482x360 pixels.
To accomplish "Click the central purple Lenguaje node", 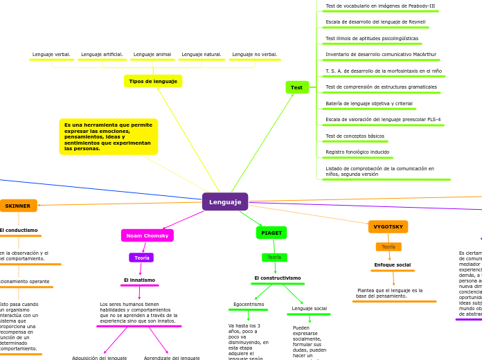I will [x=225, y=201].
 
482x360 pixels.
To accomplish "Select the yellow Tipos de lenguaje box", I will [x=153, y=81].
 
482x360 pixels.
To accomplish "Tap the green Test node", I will [x=296, y=87].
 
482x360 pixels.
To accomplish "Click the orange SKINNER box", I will [x=18, y=206].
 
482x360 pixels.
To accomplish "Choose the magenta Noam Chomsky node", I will [x=147, y=235].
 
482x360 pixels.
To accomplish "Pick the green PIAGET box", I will [x=271, y=233].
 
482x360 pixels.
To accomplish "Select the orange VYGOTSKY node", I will [x=388, y=226].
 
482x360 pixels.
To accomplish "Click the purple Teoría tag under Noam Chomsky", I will [x=141, y=258].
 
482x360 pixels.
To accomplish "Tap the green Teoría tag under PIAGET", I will [x=274, y=258].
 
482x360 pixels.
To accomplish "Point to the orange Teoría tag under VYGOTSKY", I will [x=389, y=246].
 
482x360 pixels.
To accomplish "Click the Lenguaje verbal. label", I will [x=51, y=54].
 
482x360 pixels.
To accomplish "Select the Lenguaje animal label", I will [x=152, y=54].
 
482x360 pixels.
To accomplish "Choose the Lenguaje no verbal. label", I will [x=254, y=54].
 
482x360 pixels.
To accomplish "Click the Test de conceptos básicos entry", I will [x=355, y=136].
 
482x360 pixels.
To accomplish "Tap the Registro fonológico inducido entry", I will [x=357, y=152].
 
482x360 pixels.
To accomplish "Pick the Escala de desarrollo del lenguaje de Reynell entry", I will [x=375, y=21].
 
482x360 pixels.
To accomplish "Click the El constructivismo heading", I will [x=277, y=278].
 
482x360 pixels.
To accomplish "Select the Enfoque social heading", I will [x=392, y=264].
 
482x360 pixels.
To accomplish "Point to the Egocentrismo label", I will [x=248, y=304].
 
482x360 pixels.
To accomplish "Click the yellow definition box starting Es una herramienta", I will [x=109, y=136].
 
